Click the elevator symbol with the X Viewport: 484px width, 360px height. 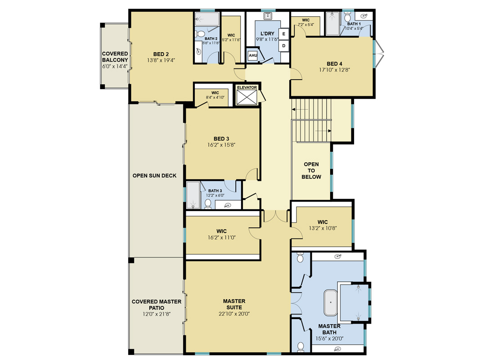[246, 97]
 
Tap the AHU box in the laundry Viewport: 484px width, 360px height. [253, 55]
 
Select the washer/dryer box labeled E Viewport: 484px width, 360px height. [284, 34]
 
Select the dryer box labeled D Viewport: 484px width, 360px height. [284, 46]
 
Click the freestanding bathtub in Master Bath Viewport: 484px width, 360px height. [331, 302]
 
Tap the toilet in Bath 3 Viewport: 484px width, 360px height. [208, 204]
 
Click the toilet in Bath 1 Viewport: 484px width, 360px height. [347, 17]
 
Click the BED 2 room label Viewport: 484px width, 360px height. [161, 54]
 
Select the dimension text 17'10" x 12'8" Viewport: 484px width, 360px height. [334, 70]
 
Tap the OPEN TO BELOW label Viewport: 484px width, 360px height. [311, 171]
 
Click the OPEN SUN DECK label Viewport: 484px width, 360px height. [154, 175]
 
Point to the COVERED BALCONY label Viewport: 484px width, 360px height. [115, 57]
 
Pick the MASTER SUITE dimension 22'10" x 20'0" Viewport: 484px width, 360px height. [234, 314]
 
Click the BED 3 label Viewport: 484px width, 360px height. [221, 139]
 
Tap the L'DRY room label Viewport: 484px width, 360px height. [267, 33]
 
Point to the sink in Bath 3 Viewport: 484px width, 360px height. [228, 205]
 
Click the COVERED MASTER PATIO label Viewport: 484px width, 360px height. [157, 305]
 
